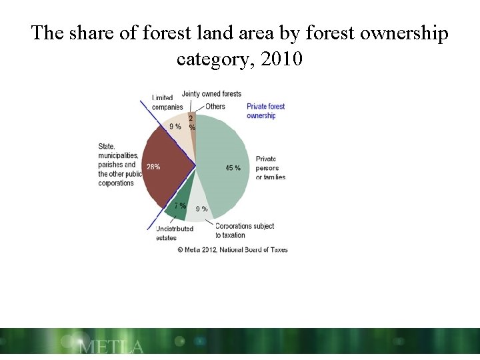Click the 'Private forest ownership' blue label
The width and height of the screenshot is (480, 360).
(x=265, y=111)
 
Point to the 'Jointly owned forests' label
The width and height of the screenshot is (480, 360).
(x=211, y=94)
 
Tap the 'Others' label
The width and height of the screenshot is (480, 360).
(x=215, y=107)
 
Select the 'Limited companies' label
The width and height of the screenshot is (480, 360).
(x=167, y=103)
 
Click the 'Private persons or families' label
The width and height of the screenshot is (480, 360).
(x=271, y=168)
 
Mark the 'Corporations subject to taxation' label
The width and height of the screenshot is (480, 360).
(x=245, y=231)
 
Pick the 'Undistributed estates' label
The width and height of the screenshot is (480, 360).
(x=174, y=233)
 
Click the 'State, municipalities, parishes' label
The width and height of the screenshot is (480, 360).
(x=118, y=165)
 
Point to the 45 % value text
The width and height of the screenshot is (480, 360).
(x=233, y=168)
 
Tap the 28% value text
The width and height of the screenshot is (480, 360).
(x=153, y=167)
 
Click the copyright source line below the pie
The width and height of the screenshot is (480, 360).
(x=233, y=250)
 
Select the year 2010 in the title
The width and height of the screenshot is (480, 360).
(x=282, y=59)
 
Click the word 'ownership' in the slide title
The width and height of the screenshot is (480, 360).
(x=401, y=33)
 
